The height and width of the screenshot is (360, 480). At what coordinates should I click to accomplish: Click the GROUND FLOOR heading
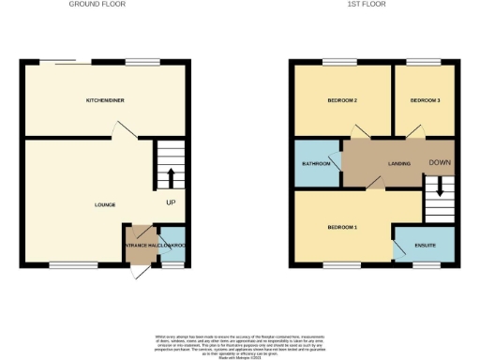[x=97, y=4]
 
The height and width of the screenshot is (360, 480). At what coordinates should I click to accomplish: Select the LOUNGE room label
[x=105, y=203]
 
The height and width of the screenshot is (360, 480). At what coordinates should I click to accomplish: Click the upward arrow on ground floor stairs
[x=171, y=178]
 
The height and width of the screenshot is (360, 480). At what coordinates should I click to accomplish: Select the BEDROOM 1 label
[x=341, y=228]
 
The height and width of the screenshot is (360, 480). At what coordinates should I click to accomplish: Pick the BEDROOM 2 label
[x=341, y=99]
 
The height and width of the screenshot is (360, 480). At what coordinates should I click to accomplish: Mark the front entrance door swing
[x=139, y=272]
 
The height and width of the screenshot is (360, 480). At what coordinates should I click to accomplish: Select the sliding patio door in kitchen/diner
[x=66, y=63]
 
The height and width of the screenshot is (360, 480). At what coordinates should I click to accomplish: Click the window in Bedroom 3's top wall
[x=418, y=63]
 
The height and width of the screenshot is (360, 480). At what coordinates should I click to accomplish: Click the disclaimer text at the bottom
[x=242, y=343]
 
